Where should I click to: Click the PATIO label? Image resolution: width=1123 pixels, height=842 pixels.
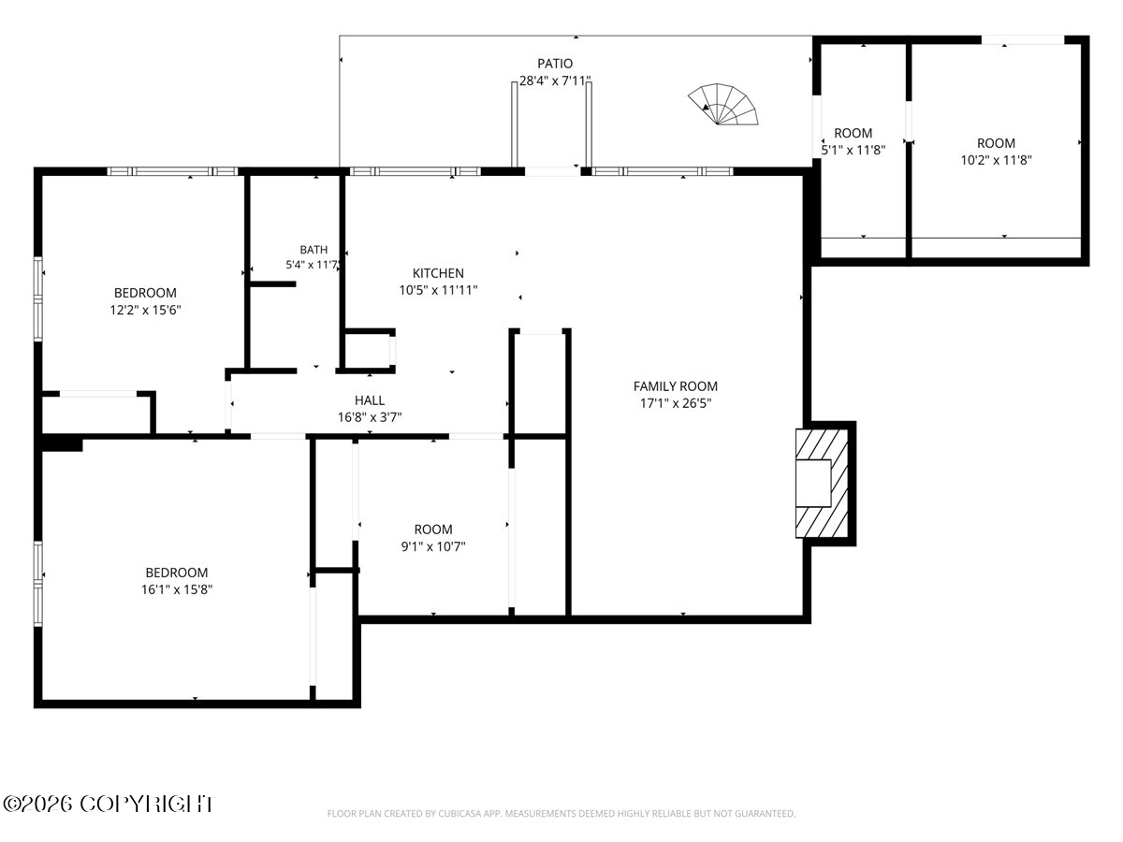(555, 64)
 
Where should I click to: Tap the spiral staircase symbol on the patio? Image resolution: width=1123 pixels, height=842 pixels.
(722, 104)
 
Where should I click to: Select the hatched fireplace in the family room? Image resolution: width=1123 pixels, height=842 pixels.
(821, 483)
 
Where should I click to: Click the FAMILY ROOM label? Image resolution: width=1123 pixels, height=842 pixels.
(676, 386)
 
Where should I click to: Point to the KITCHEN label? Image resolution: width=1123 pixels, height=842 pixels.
(438, 273)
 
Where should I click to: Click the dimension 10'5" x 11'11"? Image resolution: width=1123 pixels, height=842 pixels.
(438, 290)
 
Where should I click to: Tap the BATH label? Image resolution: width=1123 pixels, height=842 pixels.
(314, 250)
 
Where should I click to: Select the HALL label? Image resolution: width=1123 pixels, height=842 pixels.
(370, 400)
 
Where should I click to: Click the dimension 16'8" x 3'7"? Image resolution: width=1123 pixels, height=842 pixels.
(370, 417)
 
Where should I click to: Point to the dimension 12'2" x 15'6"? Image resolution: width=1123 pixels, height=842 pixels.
(145, 311)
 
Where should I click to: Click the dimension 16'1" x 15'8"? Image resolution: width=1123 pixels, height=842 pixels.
(177, 590)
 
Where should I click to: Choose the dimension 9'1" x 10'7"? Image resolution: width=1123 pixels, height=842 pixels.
(433, 547)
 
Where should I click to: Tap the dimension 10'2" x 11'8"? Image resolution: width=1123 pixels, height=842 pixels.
(996, 161)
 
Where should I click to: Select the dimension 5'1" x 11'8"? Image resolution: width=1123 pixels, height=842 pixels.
(853, 151)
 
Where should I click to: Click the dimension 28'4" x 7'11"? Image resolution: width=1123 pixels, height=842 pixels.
(555, 80)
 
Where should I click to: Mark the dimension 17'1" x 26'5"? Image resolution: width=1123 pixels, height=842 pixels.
(676, 403)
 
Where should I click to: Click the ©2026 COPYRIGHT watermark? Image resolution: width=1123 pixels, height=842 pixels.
(108, 805)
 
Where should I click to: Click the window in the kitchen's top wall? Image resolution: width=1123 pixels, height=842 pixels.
(415, 171)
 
